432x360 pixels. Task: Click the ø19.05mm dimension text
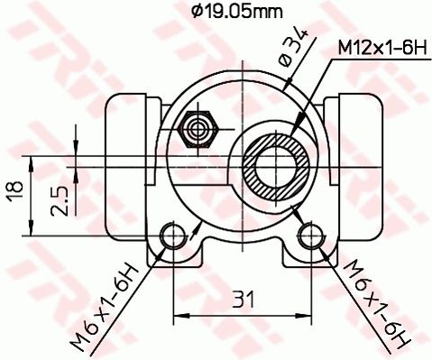(237, 12)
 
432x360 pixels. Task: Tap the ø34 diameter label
(294, 47)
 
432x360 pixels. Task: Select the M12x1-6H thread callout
(382, 48)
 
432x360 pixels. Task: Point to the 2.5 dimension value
(60, 201)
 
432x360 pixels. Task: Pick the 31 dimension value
(243, 300)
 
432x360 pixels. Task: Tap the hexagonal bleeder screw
(198, 129)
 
